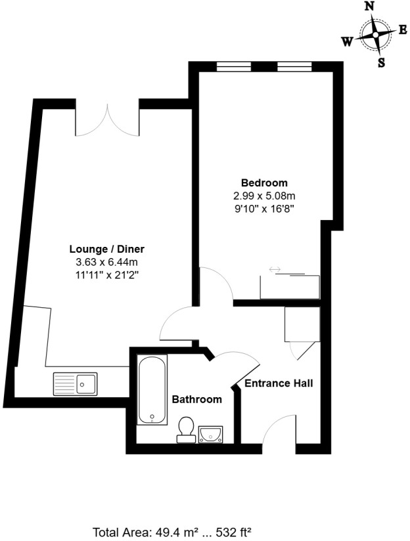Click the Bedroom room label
(x=264, y=183)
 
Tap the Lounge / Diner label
(x=107, y=249)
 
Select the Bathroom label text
(x=196, y=399)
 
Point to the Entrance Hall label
(x=279, y=383)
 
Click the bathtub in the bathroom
(x=152, y=389)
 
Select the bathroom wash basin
(x=210, y=433)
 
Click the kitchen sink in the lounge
(x=76, y=383)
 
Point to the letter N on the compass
(x=370, y=6)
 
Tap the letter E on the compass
(x=403, y=30)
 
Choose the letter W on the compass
(x=346, y=41)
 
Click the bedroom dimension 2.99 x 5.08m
(x=264, y=196)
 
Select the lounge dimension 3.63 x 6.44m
(x=107, y=262)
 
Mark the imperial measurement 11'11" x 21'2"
(x=107, y=274)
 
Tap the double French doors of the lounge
(x=106, y=118)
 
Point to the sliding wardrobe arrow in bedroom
(x=275, y=269)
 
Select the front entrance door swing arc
(x=279, y=430)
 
